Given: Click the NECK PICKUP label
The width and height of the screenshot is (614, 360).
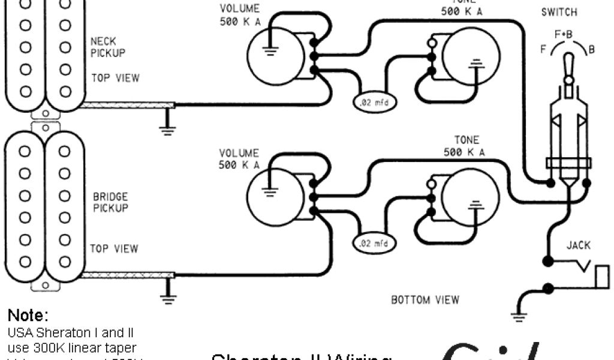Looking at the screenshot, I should [108, 47].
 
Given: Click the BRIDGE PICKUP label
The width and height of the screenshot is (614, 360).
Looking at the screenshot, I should [110, 202].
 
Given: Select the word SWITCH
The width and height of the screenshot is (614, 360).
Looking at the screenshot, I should [559, 13].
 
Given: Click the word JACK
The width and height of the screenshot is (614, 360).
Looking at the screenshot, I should [578, 245].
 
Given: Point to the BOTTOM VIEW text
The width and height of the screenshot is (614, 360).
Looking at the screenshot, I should [425, 299].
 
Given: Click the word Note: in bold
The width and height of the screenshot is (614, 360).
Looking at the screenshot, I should [28, 316].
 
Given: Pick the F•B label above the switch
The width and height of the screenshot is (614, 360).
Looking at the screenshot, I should [564, 35].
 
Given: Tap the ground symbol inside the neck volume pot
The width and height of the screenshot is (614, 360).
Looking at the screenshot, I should [270, 52].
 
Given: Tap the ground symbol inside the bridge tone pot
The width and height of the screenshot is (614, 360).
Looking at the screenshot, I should [475, 204].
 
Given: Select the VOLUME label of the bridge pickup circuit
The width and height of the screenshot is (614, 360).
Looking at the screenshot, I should [239, 158].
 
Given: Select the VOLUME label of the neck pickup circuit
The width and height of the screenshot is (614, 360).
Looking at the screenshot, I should [239, 14].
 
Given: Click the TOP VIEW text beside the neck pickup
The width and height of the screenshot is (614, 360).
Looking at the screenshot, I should [115, 78].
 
